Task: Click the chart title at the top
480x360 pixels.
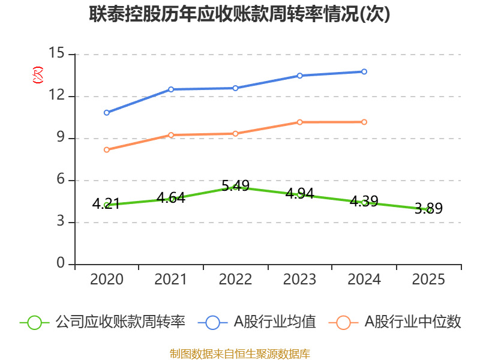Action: point(239,14)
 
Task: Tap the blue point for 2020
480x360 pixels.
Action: point(107,113)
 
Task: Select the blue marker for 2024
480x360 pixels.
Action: point(364,71)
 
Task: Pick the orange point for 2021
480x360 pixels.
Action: point(171,135)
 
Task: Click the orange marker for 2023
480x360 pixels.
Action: point(299,122)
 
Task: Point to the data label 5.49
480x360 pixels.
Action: point(235,185)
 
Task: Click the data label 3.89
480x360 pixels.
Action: point(428,208)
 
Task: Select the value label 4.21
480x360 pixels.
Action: point(106,203)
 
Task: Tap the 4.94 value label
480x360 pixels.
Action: point(299,193)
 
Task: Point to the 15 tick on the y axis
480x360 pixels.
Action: point(56,53)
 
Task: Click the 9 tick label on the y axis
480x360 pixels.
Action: point(61,137)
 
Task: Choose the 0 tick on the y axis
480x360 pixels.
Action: point(61,263)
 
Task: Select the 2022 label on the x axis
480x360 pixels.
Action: point(235,280)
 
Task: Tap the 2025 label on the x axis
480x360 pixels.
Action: point(428,280)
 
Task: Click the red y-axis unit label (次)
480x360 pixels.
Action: point(38,75)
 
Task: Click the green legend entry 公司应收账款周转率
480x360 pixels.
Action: point(103,322)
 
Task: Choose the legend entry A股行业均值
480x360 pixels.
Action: point(257,322)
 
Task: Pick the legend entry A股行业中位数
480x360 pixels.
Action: point(395,322)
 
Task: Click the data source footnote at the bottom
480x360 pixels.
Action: point(240,354)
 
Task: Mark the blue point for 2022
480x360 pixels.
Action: point(235,88)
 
